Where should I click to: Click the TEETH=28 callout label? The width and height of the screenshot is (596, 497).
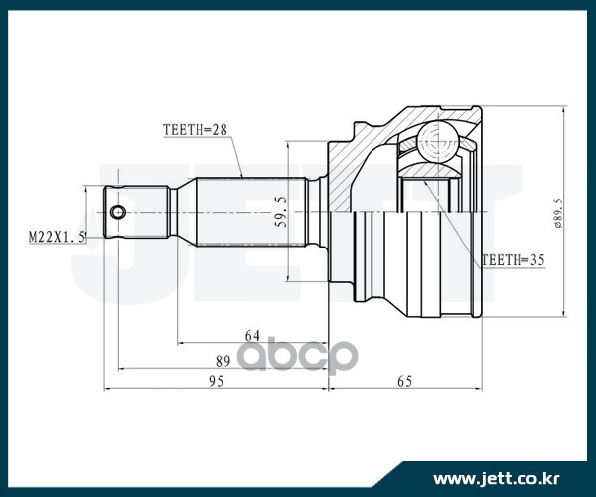point(195,130)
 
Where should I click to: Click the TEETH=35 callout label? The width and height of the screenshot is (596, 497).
point(514,260)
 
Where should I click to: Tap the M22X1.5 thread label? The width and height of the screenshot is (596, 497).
point(57,237)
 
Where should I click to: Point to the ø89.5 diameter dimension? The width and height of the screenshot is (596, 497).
point(558,213)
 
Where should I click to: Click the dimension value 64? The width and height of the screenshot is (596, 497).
point(252,336)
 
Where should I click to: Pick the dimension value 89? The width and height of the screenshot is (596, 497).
point(223,361)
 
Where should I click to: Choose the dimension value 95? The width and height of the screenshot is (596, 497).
point(216,381)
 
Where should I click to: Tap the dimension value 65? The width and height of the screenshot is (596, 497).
point(405,381)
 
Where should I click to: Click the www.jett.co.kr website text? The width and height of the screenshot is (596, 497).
point(497,479)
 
